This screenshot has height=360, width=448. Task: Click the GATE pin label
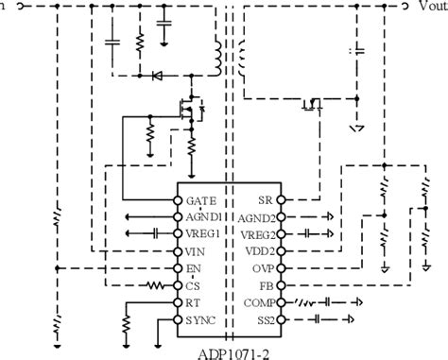(x=201, y=201)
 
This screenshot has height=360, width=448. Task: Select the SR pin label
(x=265, y=201)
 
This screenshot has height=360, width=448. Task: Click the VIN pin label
(x=196, y=251)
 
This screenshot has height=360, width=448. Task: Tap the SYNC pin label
(x=201, y=319)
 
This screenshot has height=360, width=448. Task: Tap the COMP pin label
(x=258, y=302)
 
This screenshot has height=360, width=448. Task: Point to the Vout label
(x=430, y=6)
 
